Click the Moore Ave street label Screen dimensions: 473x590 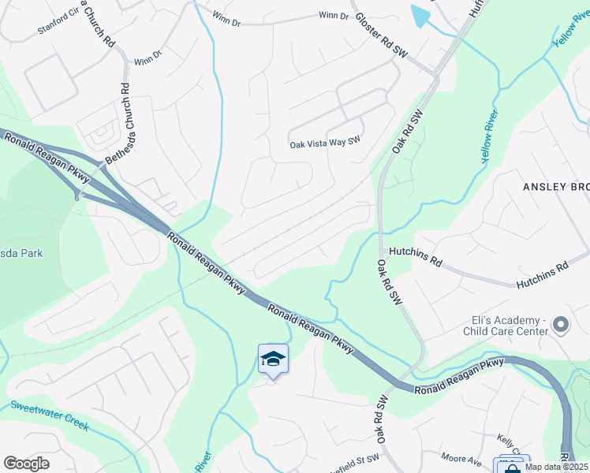point(461,459)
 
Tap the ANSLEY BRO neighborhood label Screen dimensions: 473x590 point(555,186)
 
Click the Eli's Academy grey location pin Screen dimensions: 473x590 point(561,325)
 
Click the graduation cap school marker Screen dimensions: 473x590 point(273,360)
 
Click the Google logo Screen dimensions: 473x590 point(26,464)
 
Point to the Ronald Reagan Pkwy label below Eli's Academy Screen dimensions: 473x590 point(460,375)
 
